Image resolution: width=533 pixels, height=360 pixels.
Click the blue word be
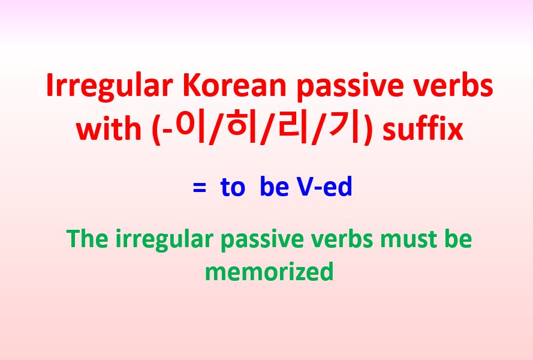pyautogui.click(x=275, y=188)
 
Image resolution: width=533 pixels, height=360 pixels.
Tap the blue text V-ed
pyautogui.click(x=324, y=188)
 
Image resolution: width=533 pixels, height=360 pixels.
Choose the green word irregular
pyautogui.click(x=163, y=240)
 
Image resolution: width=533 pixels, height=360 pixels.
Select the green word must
pyautogui.click(x=406, y=239)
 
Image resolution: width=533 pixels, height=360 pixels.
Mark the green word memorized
pyautogui.click(x=269, y=271)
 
